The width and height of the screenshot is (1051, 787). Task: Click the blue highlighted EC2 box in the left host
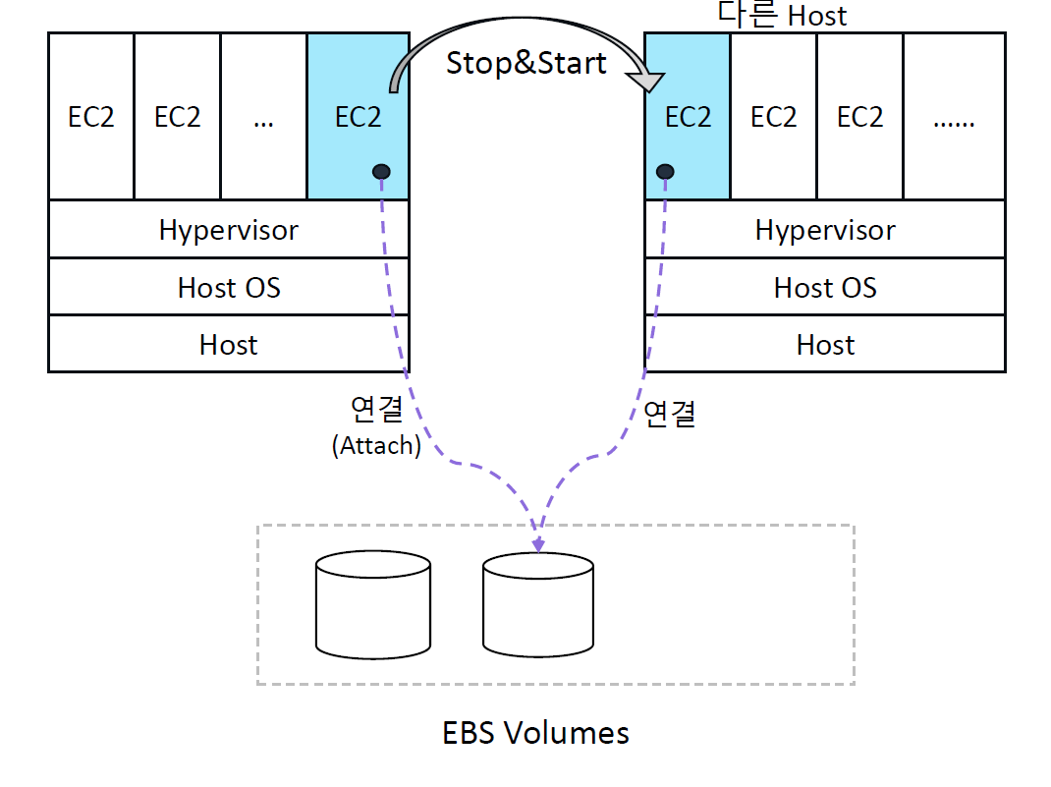(358, 116)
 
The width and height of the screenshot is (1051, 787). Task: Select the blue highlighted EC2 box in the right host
(687, 116)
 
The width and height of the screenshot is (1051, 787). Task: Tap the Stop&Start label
(526, 63)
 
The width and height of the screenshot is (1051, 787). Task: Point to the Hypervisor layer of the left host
(228, 230)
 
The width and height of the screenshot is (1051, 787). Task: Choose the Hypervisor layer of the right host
(825, 230)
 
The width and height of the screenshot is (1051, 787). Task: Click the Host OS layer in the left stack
(228, 287)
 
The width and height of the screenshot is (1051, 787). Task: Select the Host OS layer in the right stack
(825, 287)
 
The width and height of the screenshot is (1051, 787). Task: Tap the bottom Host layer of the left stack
(228, 345)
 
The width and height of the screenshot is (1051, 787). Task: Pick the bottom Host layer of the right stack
(825, 345)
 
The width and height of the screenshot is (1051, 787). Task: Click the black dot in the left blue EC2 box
(381, 172)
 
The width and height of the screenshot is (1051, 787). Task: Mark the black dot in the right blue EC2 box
(666, 172)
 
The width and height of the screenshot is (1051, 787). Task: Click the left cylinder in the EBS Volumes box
(373, 604)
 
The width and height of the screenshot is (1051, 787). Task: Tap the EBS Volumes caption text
(535, 733)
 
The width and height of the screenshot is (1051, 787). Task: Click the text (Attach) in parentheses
(376, 445)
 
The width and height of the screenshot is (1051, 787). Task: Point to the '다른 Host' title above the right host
(782, 15)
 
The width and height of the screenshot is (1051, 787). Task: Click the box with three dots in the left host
(263, 116)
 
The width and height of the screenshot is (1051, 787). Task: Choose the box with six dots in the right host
(954, 116)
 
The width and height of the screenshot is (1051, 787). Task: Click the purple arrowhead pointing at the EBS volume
(537, 543)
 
